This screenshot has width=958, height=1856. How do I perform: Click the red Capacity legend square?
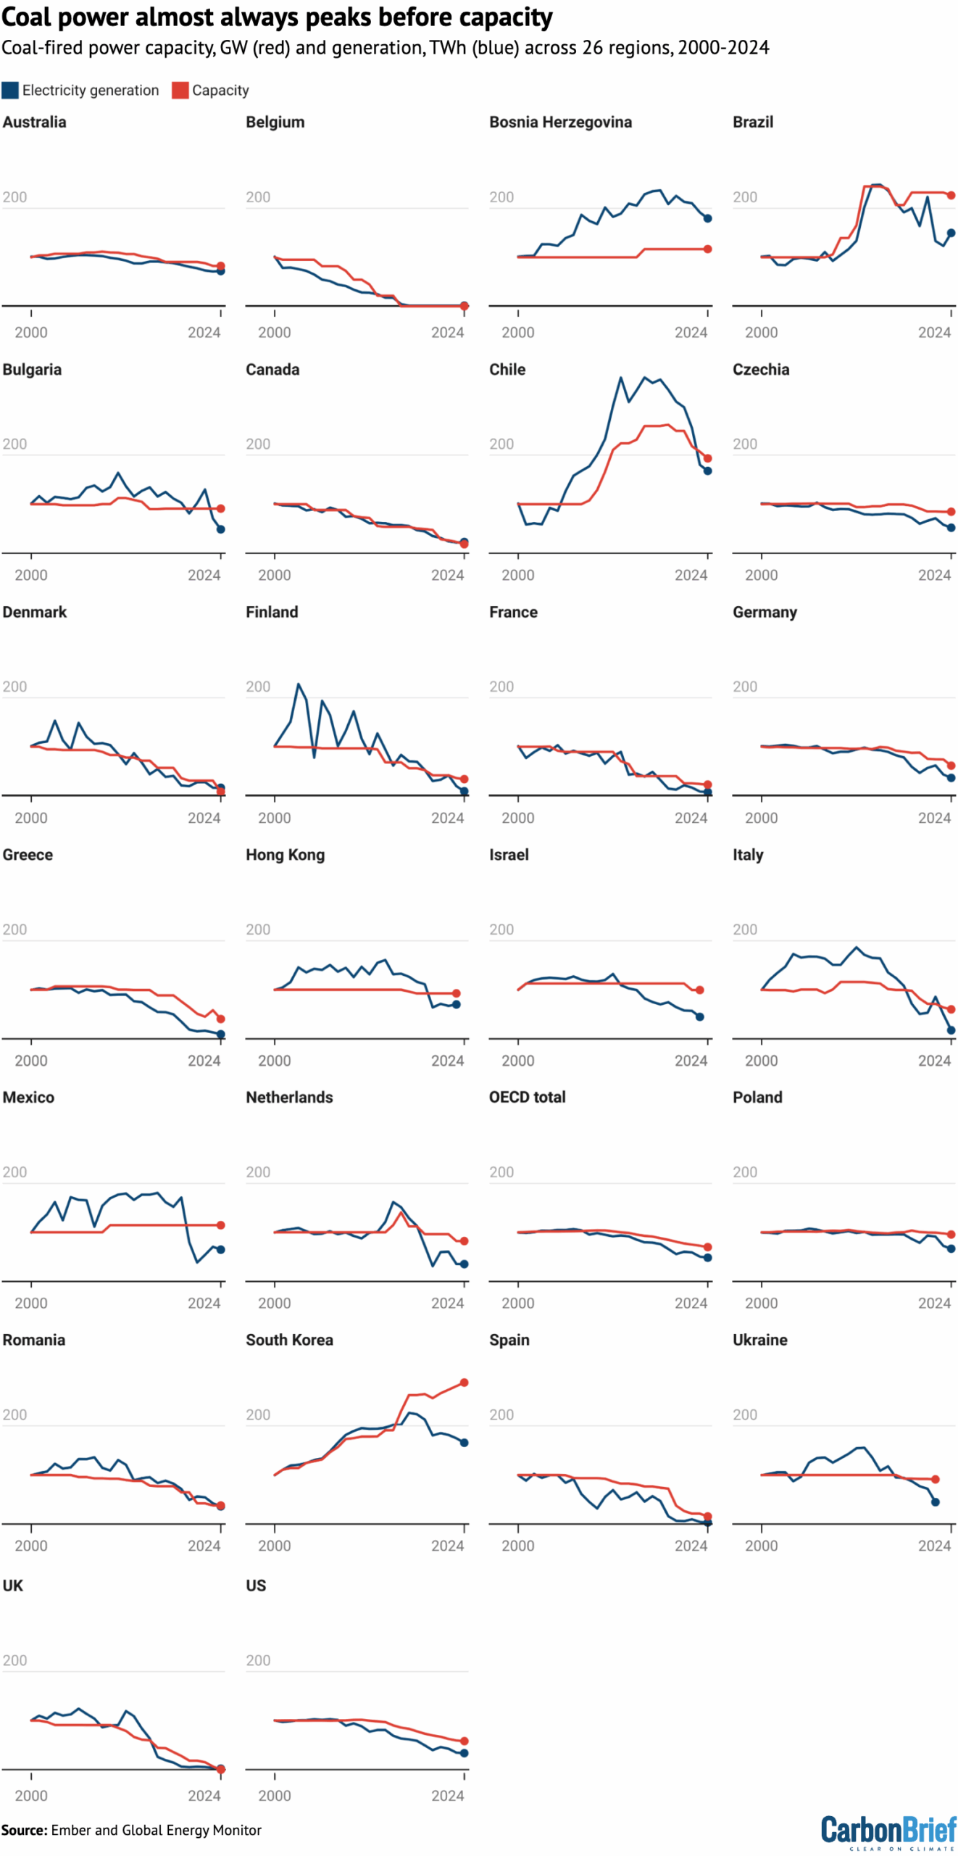pos(180,90)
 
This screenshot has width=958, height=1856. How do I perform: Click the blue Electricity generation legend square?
pos(10,90)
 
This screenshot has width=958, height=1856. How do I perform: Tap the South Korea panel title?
pos(289,1340)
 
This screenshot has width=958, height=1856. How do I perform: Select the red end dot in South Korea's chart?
pos(464,1383)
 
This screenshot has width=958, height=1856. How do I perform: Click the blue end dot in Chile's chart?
pos(707,471)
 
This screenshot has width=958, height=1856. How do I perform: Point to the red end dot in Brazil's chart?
pos(951,195)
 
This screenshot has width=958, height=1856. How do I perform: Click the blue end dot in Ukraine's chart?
pos(935,1501)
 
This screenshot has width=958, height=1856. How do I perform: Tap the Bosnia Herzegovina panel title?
pos(560,122)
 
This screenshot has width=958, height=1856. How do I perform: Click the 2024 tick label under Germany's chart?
pos(934,818)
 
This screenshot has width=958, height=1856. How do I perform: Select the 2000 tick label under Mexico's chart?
pos(31,1303)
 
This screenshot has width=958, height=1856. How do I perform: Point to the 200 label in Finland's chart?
pos(258,687)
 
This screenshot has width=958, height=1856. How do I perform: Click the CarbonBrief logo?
pos(888,1832)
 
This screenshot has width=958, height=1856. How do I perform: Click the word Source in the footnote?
pos(23,1830)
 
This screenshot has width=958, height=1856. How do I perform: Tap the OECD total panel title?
pos(527,1097)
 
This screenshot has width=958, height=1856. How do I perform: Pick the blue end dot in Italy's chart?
pos(951,1029)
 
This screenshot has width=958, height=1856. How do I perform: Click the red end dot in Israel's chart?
pos(699,990)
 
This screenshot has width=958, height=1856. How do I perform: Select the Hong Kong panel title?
pos(285,855)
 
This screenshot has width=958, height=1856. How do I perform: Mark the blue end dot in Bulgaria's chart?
pos(220,529)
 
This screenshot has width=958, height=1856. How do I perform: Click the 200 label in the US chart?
pos(258,1660)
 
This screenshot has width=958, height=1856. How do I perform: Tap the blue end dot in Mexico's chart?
pos(220,1249)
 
